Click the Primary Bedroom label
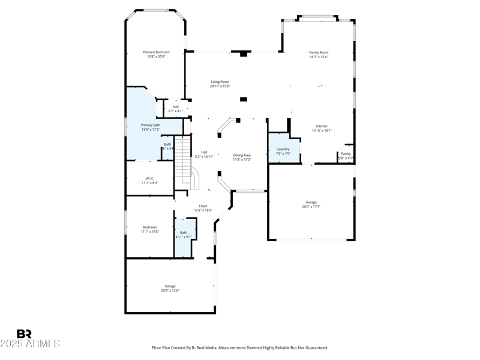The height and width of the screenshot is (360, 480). [x=156, y=52]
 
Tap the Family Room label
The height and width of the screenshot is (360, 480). [x=319, y=52]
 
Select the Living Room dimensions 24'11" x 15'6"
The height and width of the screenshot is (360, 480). [x=220, y=86]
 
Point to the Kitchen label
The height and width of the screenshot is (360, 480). [x=322, y=126]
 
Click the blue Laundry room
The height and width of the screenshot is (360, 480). [x=283, y=150]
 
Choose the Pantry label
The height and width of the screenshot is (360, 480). [x=346, y=154]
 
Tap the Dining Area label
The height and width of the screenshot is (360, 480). [x=242, y=155]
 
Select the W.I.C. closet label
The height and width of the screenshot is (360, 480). [x=150, y=178]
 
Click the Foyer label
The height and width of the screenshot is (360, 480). [x=203, y=206]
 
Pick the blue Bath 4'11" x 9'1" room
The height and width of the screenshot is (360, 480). [x=184, y=237]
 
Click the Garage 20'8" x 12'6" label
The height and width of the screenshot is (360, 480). [x=170, y=286]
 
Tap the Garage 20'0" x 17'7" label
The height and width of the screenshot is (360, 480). [x=311, y=202]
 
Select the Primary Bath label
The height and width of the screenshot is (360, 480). [x=150, y=125]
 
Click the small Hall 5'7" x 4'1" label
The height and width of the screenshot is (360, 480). [x=175, y=107]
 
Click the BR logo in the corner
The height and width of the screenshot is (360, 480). [x=24, y=334]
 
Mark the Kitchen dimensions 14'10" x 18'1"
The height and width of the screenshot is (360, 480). [x=322, y=130]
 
